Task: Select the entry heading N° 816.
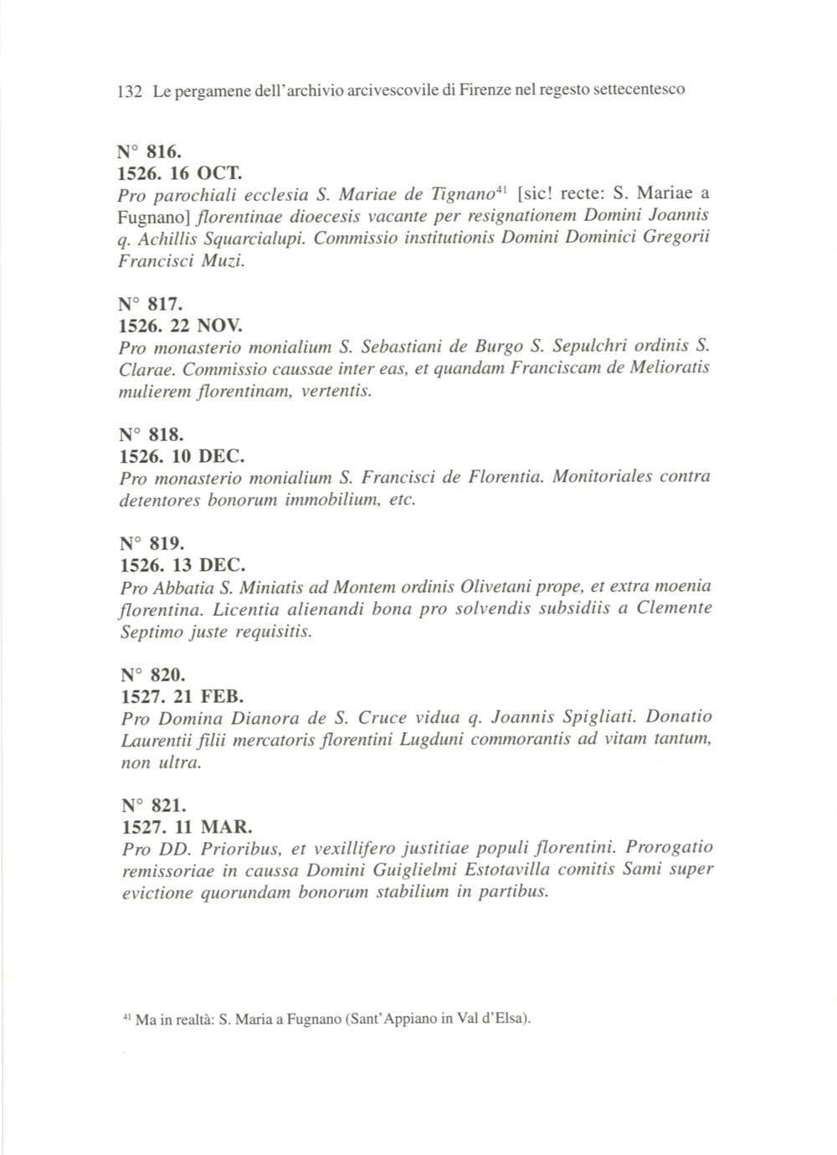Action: point(151,152)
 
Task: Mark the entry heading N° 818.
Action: point(151,434)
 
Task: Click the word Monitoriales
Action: point(603,478)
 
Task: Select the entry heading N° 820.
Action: point(151,675)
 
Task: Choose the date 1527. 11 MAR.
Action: point(186,828)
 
